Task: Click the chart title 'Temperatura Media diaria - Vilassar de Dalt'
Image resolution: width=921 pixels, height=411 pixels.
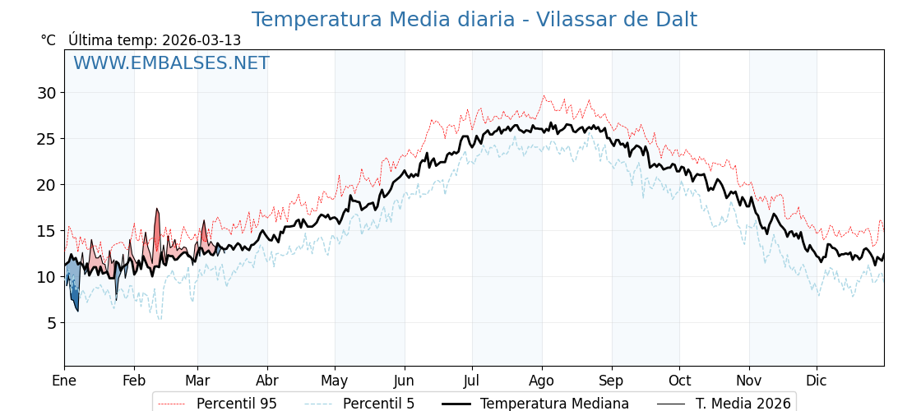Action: pyautogui.click(x=474, y=20)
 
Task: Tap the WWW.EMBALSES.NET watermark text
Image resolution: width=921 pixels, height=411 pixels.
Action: pyautogui.click(x=171, y=63)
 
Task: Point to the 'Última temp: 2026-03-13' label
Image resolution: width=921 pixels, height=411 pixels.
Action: pyautogui.click(x=155, y=40)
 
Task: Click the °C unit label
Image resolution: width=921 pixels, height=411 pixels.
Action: pyautogui.click(x=48, y=40)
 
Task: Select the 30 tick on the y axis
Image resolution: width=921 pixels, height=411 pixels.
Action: pyautogui.click(x=46, y=93)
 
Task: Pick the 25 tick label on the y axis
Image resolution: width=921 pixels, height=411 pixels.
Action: pyautogui.click(x=46, y=139)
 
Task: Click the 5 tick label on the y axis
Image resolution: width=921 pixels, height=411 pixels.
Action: pyautogui.click(x=51, y=323)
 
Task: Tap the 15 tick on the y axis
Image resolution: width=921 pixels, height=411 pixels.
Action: pyautogui.click(x=46, y=231)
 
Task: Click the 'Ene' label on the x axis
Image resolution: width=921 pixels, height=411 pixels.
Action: pyautogui.click(x=64, y=381)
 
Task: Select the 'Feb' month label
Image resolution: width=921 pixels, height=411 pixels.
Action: pyautogui.click(x=134, y=381)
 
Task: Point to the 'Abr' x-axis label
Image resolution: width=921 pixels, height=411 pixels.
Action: pyautogui.click(x=267, y=381)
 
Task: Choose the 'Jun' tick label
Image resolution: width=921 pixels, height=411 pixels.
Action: pyautogui.click(x=405, y=381)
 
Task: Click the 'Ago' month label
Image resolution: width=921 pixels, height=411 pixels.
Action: pyautogui.click(x=542, y=381)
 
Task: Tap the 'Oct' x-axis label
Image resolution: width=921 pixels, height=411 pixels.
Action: pyautogui.click(x=679, y=381)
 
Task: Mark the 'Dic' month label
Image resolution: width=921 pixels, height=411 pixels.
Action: pyautogui.click(x=817, y=381)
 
